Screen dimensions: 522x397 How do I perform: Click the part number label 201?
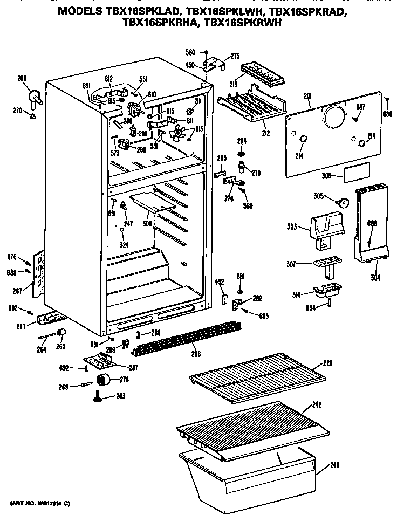pyautogui.click(x=308, y=96)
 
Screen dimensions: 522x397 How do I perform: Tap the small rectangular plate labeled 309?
pyautogui.click(x=355, y=172)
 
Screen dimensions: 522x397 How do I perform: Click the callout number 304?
pyautogui.click(x=375, y=278)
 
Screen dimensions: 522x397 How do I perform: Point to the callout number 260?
pyautogui.click(x=22, y=78)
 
